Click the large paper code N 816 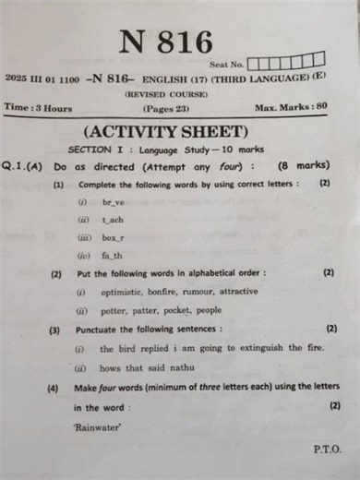coord(165,42)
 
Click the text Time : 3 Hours coord(38,108)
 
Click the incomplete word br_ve coord(114,201)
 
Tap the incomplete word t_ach coord(114,219)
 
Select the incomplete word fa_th coord(112,255)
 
